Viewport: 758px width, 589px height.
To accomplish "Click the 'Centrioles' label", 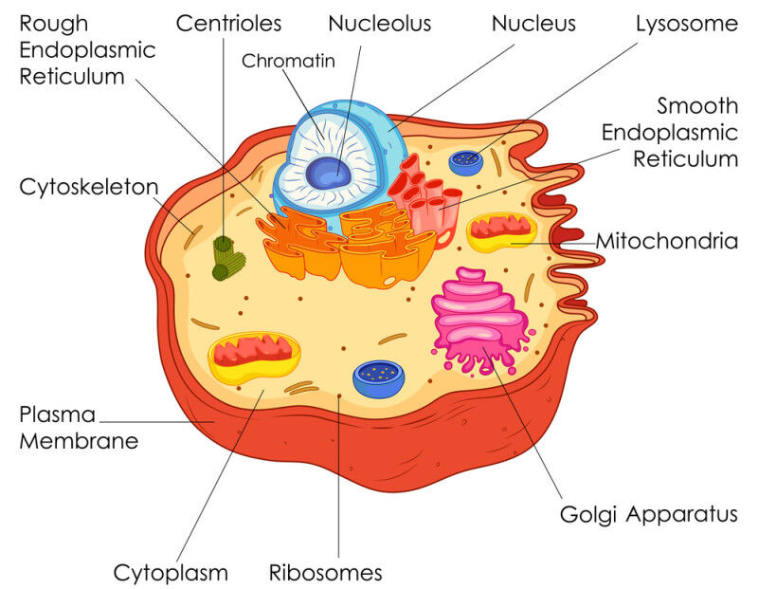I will [x=228, y=23].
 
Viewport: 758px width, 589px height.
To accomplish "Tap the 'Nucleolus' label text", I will [x=379, y=23].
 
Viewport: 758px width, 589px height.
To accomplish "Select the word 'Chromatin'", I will [x=289, y=62].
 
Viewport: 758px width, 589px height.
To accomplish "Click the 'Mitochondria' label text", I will [x=666, y=241].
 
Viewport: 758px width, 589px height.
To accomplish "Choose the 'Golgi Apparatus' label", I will [x=648, y=515].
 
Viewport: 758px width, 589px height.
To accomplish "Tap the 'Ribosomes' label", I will [x=325, y=573].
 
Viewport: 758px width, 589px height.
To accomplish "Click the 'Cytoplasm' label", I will [x=171, y=573].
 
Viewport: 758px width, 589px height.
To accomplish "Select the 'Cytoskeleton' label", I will [x=88, y=187].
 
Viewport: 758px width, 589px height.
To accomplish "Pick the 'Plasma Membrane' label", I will [x=79, y=428].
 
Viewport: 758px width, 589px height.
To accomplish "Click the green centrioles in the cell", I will [x=227, y=258].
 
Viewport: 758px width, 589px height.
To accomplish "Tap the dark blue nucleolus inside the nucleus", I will [x=328, y=173].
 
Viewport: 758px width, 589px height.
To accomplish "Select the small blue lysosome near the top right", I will [x=465, y=160].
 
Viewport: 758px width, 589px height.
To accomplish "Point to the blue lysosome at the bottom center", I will [x=378, y=377].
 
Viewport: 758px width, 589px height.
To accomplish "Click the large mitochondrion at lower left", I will [x=253, y=356].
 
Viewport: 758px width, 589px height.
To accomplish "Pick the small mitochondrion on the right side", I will [x=502, y=230].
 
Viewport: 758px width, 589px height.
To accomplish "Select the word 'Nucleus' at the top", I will [x=532, y=23].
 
